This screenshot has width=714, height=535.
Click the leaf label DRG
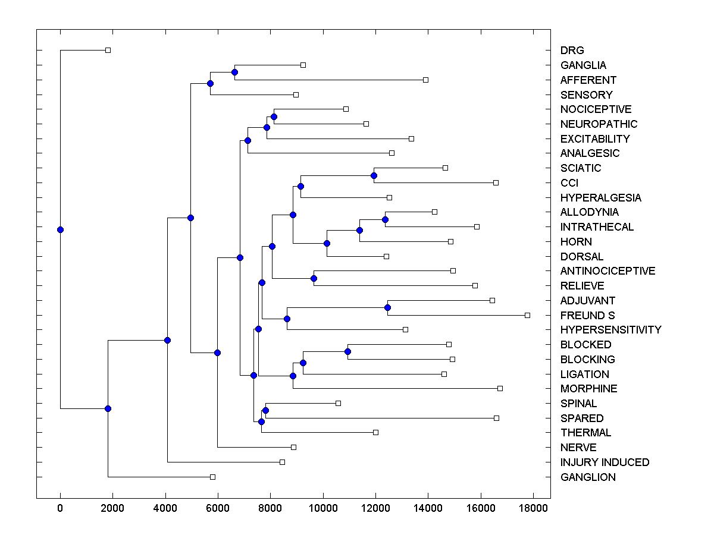click(572, 51)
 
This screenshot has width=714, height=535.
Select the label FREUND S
click(587, 315)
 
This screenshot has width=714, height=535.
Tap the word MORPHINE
click(588, 389)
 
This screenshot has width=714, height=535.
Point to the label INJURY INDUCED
click(605, 462)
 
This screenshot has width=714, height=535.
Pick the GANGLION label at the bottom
click(588, 477)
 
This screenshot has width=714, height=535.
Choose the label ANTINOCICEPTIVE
click(607, 271)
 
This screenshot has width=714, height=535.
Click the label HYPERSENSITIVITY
click(610, 330)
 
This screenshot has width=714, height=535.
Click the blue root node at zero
click(60, 229)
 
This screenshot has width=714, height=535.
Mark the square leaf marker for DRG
click(108, 50)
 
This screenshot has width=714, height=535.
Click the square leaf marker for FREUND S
click(527, 315)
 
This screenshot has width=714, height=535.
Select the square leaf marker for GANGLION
click(212, 477)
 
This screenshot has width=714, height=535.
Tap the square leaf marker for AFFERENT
click(425, 80)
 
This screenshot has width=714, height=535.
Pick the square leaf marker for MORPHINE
click(500, 388)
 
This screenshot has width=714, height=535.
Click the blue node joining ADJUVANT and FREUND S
click(387, 307)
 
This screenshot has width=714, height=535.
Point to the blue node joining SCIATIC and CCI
click(374, 175)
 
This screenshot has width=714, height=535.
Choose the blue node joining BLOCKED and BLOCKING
click(347, 351)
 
